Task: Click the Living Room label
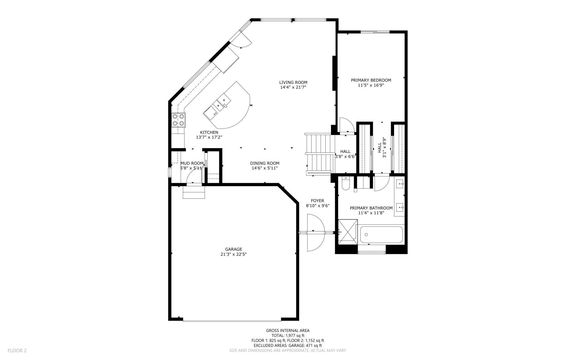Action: [293, 82]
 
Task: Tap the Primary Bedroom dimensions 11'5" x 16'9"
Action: [371, 85]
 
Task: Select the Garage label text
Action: [233, 249]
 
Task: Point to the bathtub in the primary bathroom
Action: [381, 235]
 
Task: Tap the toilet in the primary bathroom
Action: [346, 184]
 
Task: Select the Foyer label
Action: [317, 201]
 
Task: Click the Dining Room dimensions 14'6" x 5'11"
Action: [264, 168]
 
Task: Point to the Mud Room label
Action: [192, 163]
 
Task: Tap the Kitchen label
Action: [209, 132]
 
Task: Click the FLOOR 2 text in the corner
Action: [17, 351]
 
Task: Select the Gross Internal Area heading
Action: [288, 330]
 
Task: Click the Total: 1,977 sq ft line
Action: [288, 335]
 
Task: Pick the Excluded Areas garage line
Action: [288, 346]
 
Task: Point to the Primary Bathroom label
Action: [371, 208]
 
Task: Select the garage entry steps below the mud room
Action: [194, 192]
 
